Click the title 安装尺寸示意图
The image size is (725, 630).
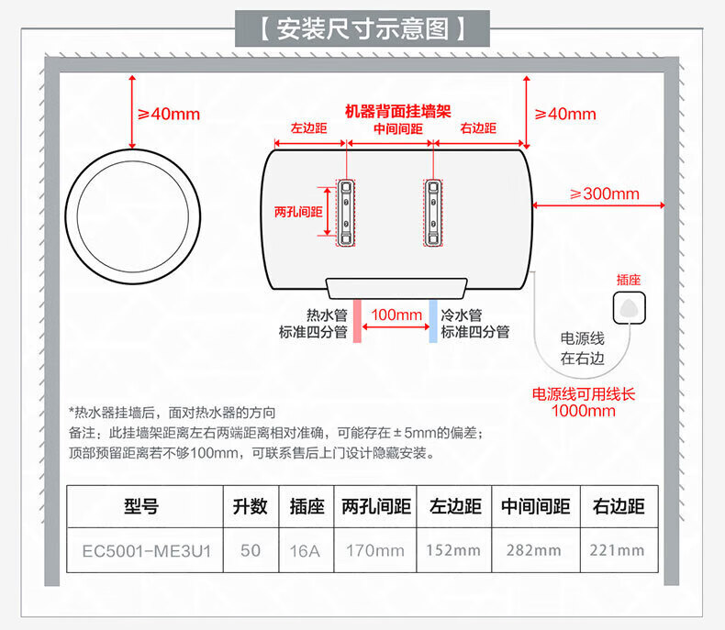coord(362,28)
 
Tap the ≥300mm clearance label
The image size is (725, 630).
coord(605,193)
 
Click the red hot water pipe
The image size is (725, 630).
coord(357,321)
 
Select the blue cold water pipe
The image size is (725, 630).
coord(433,321)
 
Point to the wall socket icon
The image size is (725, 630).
coord(629,307)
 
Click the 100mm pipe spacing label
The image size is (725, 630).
coord(396,315)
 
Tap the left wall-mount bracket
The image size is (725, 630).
coord(346,213)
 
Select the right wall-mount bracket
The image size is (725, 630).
coord(433,213)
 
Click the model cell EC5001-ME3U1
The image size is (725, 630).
coord(147,550)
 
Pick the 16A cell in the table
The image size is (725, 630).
coord(306,550)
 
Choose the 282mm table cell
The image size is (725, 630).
coord(533,550)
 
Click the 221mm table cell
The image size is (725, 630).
coord(617,550)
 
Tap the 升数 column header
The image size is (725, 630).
coord(251,506)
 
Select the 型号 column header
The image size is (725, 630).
coord(141,506)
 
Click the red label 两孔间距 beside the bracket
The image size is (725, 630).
coord(298,212)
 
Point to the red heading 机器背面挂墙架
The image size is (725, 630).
coord(398,111)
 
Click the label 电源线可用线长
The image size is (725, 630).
coord(584,394)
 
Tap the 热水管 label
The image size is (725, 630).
coord(327,315)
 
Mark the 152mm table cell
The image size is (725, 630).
coord(453,550)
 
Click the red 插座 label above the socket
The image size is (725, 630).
coord(629,280)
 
